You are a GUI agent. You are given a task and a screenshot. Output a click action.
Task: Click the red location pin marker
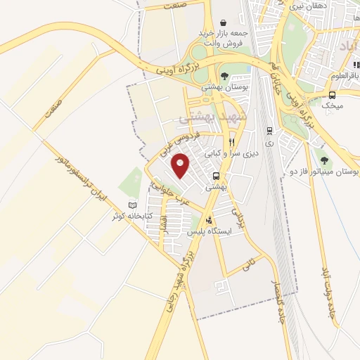pos(181,165)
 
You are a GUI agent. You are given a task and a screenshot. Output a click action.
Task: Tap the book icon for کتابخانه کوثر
pos(132,205)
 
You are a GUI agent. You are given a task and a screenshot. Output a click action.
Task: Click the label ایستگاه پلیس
pos(209,231)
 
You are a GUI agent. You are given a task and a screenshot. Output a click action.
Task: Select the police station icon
pos(208,219)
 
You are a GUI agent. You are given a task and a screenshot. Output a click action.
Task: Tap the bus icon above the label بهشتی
pos(217,176)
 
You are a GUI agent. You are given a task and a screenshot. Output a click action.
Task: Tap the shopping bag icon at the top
pos(223,23)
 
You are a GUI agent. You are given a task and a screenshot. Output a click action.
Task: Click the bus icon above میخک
pos(332,95)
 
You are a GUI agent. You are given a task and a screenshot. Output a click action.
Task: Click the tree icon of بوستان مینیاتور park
pos(325,157)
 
